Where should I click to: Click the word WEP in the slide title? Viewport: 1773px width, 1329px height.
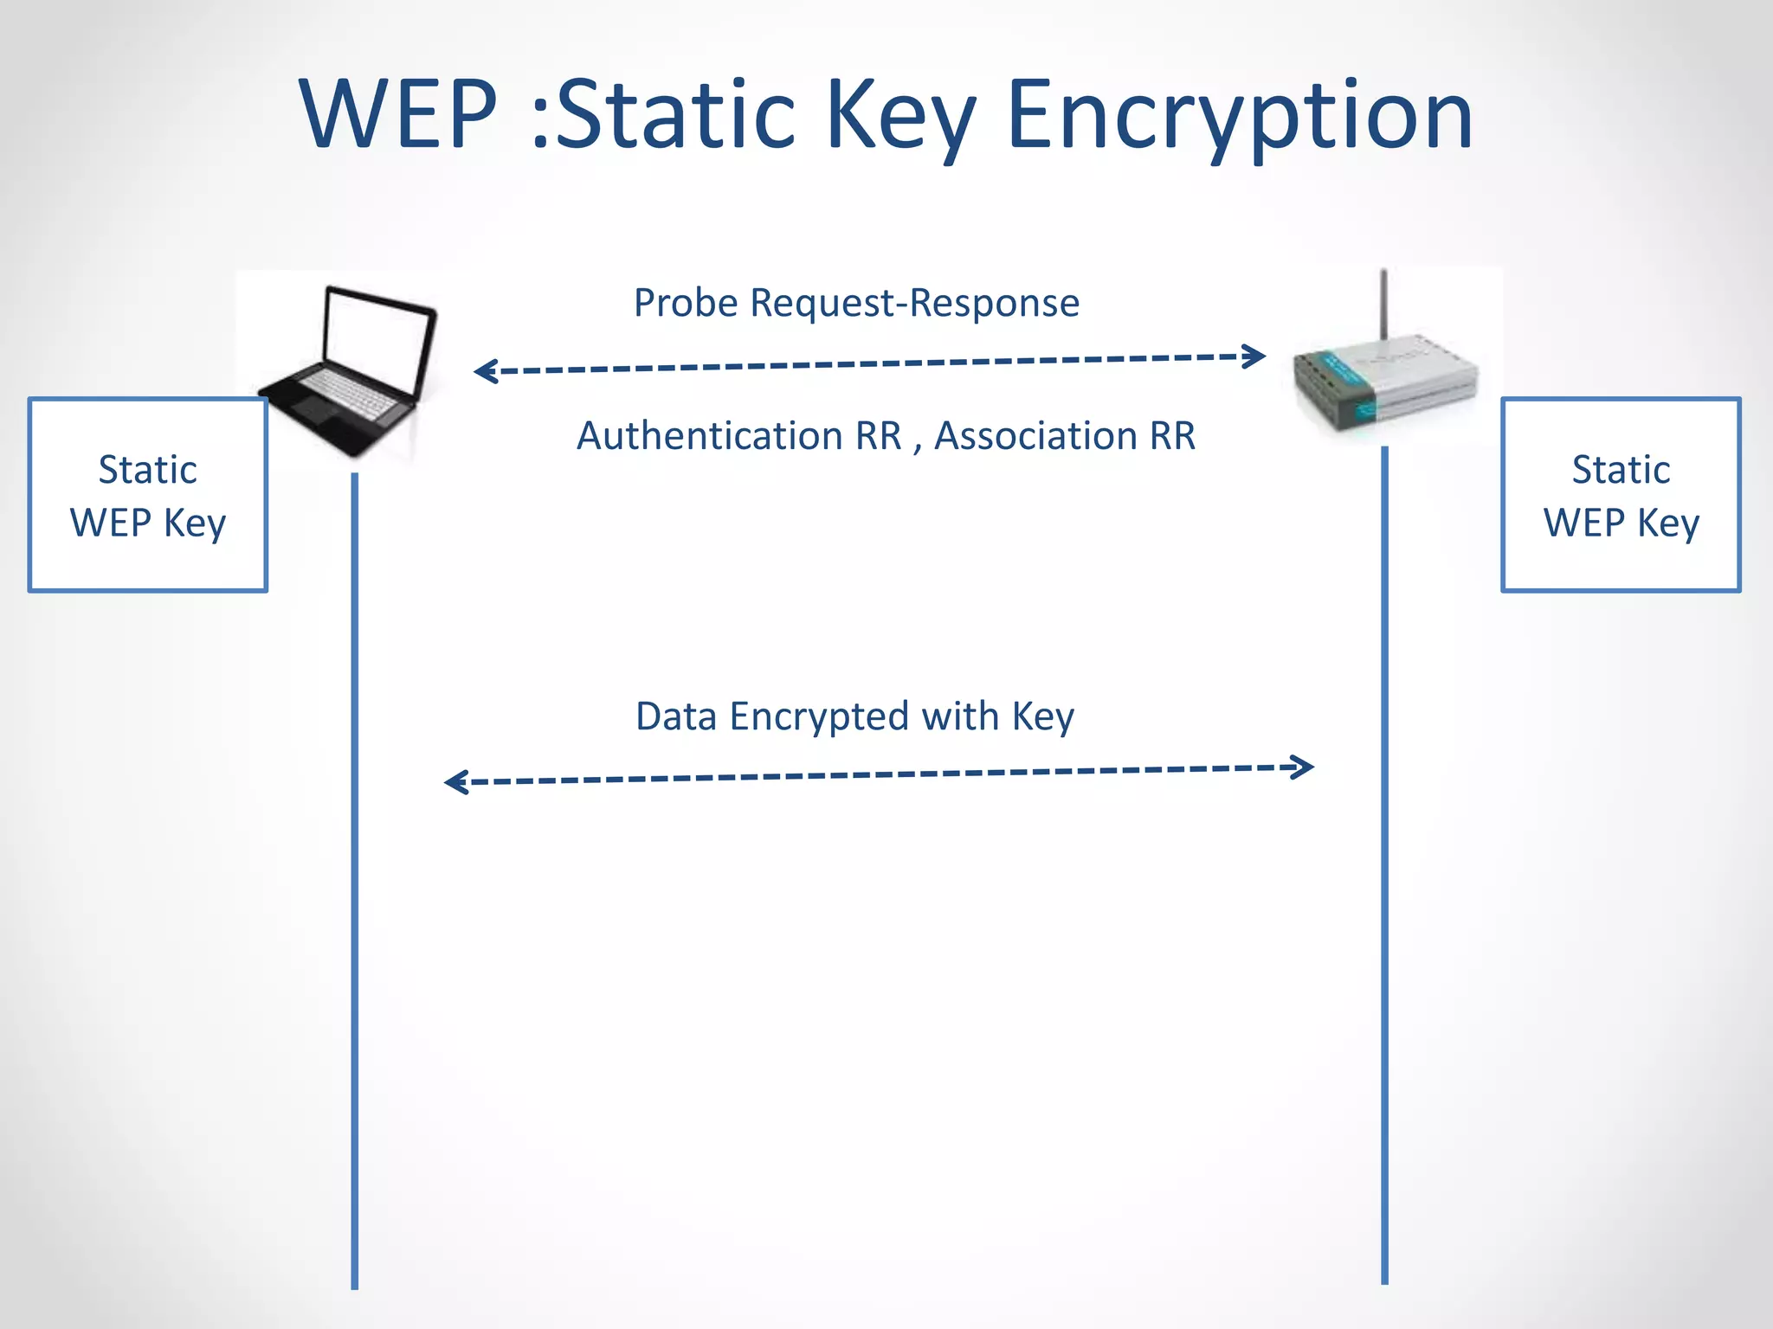[399, 115]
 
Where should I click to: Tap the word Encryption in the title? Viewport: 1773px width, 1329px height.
[1240, 115]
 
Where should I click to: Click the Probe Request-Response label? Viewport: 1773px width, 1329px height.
[856, 303]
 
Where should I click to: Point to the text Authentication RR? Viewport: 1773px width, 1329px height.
[739, 436]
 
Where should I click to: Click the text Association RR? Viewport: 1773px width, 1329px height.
[1065, 436]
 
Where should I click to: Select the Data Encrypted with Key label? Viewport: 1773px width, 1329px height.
[854, 716]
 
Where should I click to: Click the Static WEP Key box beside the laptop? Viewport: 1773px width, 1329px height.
[148, 495]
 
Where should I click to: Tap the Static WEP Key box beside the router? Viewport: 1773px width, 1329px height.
[1621, 495]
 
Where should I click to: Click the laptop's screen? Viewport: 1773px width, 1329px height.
[377, 342]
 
